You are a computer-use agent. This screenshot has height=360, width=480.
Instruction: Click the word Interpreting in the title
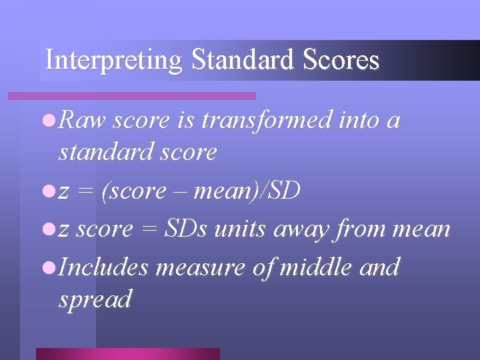[113, 61]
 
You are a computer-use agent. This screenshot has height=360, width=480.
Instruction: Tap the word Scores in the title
[341, 60]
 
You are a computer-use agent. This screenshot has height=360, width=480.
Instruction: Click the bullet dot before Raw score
[47, 121]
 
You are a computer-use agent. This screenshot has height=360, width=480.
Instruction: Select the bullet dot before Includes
[47, 267]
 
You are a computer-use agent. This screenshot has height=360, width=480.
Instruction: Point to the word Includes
[103, 267]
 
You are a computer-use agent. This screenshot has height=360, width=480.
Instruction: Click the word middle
[316, 267]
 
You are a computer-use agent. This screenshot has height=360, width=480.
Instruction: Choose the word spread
[95, 299]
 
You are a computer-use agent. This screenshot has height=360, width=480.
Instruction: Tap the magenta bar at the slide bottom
[127, 353]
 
